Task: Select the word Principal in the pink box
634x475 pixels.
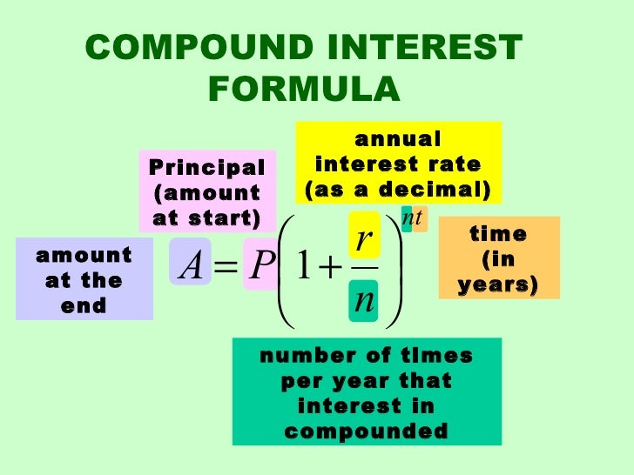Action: pos(206,167)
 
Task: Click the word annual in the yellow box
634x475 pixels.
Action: pos(399,139)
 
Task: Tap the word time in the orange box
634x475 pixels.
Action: pos(498,235)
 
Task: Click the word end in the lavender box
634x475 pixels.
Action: pos(84,305)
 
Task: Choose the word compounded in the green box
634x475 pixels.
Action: pos(366,431)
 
